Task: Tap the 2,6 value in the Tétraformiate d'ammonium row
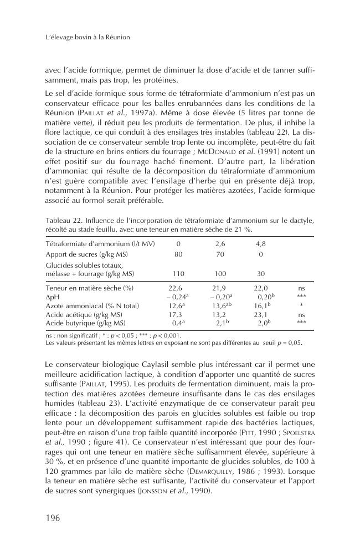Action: tap(220, 244)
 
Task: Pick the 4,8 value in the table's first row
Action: tap(261, 244)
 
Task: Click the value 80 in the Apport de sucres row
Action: tap(178, 254)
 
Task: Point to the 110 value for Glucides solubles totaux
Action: tap(178, 274)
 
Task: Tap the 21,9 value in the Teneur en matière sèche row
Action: tap(220, 288)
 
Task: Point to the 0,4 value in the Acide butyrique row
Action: tap(177, 322)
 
